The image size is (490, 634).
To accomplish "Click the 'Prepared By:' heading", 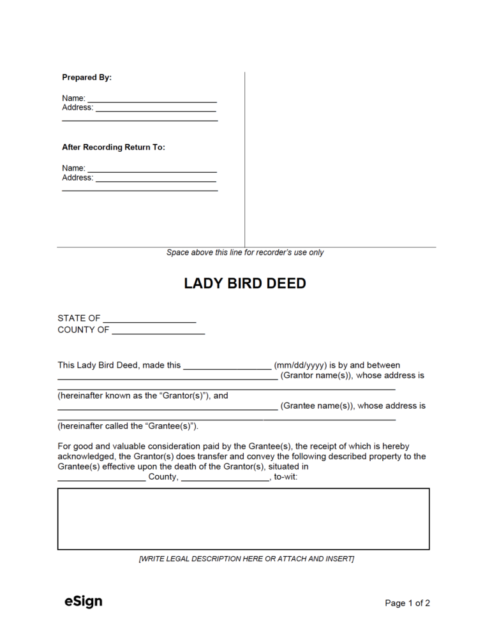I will click(87, 77).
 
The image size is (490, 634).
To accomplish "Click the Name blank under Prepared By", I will click(152, 100).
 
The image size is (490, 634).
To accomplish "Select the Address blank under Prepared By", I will click(156, 110).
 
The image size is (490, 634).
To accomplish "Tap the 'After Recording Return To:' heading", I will click(113, 147).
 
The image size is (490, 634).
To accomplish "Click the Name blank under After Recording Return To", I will click(152, 170).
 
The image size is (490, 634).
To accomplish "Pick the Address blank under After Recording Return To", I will click(156, 180).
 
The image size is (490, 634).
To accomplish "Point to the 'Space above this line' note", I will click(245, 253).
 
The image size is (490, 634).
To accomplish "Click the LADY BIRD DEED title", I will click(245, 284).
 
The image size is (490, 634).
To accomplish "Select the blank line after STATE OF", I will click(149, 320).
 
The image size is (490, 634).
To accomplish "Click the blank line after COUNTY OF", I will click(158, 332).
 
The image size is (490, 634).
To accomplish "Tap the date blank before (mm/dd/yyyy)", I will click(227, 367).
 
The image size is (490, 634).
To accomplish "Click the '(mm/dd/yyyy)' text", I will click(300, 365).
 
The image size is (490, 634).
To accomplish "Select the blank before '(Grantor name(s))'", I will click(167, 378).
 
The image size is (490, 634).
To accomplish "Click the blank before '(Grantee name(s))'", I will click(167, 408).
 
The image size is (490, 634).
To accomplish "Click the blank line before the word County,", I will click(101, 479).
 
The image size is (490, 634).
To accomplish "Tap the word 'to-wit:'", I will click(285, 477).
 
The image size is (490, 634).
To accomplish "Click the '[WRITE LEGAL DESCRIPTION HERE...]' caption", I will click(246, 559).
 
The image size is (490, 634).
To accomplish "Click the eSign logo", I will click(83, 601).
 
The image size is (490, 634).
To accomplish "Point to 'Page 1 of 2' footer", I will click(407, 603).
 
